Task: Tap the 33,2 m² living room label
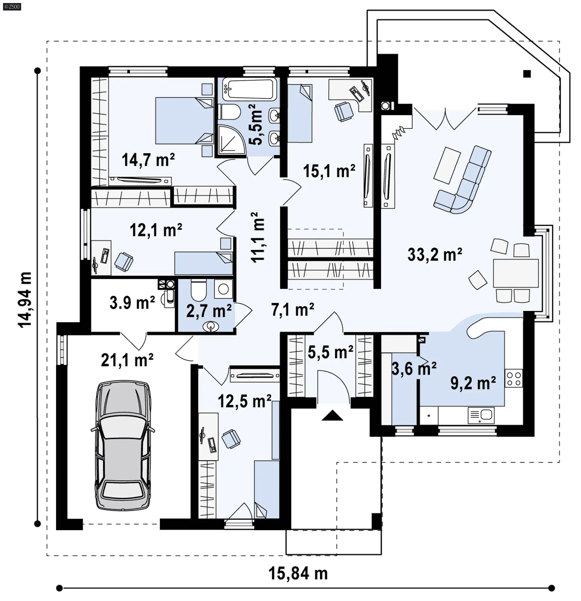(x=435, y=254)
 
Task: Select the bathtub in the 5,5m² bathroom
(x=249, y=89)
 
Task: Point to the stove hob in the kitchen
(x=514, y=378)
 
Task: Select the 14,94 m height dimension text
(x=25, y=299)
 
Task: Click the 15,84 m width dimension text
(x=298, y=573)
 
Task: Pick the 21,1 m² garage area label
(x=127, y=360)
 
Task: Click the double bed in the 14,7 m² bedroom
(x=184, y=120)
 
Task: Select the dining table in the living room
(x=516, y=273)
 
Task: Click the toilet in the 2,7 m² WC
(x=199, y=290)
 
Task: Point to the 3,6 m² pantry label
(x=414, y=368)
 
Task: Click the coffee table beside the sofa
(x=447, y=165)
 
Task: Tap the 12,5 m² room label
(x=245, y=401)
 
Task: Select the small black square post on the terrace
(x=527, y=73)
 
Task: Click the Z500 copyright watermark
(x=12, y=6)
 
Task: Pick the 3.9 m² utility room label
(x=132, y=303)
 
